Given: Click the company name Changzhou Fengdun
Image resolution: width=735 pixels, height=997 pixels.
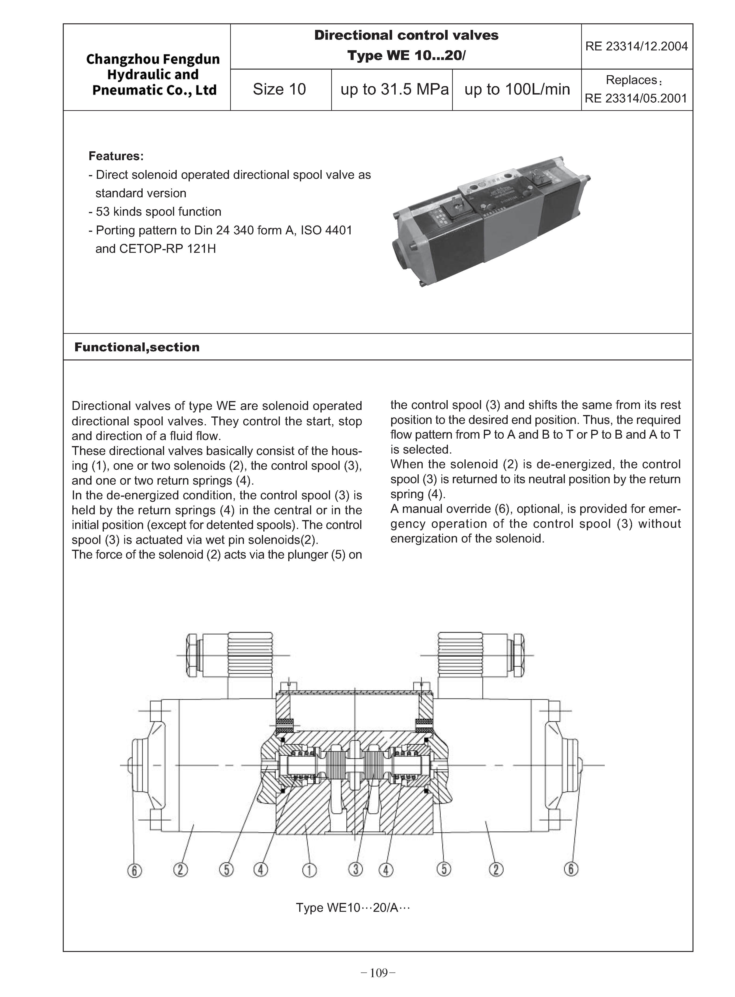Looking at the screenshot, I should [x=153, y=59].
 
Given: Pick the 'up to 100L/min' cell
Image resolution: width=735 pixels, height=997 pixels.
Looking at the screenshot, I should [x=517, y=89].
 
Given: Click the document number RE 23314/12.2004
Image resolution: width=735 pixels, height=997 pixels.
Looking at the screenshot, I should [x=636, y=46].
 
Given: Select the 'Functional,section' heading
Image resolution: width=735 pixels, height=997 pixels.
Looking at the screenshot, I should [x=137, y=347].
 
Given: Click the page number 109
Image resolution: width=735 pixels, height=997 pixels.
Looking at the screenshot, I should [x=379, y=973].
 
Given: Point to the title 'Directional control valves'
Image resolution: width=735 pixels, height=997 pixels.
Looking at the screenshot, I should [x=406, y=35].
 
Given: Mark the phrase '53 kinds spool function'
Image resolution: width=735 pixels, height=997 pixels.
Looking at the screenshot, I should [x=158, y=212].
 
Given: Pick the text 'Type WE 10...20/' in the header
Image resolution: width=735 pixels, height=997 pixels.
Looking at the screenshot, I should [x=406, y=56].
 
